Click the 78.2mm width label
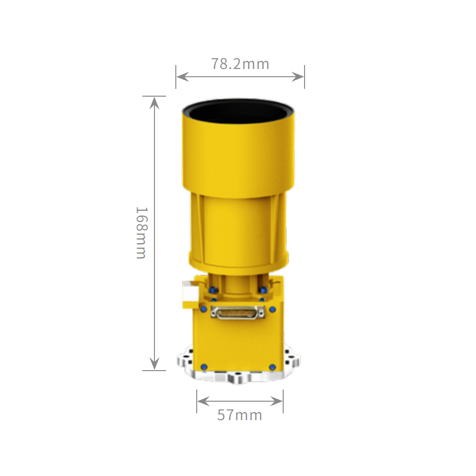240,64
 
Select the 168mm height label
141,233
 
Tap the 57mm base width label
239,415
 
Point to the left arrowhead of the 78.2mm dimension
183,77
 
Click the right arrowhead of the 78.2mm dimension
297,77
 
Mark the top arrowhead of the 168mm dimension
154,103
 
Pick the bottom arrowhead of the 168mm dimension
154,363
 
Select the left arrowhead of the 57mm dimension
204,401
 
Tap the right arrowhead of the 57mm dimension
276,401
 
